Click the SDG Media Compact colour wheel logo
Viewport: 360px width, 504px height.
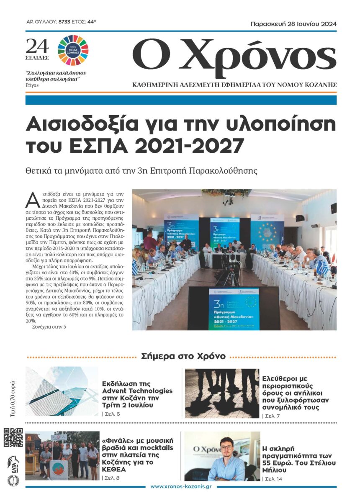(73, 50)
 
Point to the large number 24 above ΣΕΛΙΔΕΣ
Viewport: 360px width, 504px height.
(37, 45)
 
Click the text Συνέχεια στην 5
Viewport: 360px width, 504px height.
(49, 338)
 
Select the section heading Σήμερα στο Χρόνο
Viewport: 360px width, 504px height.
(183, 357)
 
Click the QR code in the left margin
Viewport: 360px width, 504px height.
(13, 437)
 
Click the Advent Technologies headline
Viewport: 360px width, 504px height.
(137, 394)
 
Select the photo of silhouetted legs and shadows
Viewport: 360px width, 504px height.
(222, 393)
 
